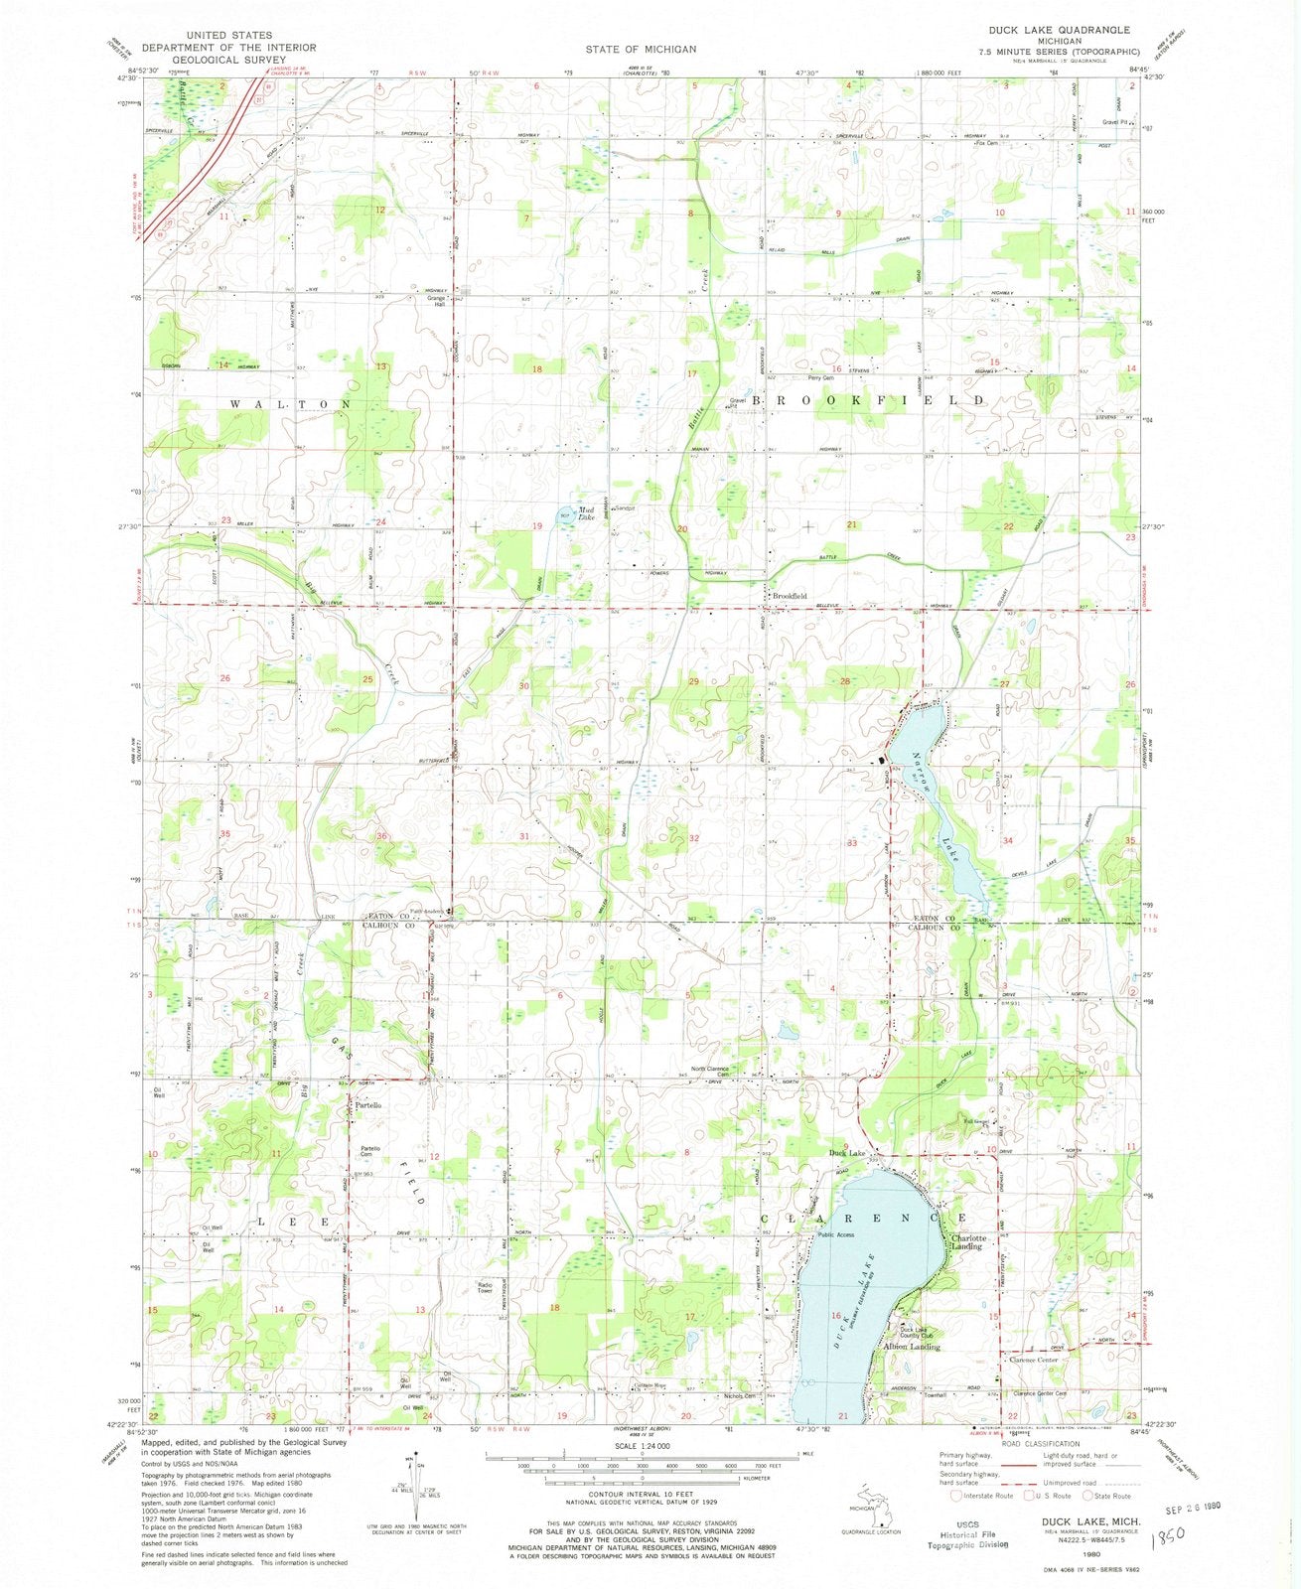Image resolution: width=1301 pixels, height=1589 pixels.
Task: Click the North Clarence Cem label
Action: [x=711, y=1072]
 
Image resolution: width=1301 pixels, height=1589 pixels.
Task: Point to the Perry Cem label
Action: [x=820, y=378]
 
